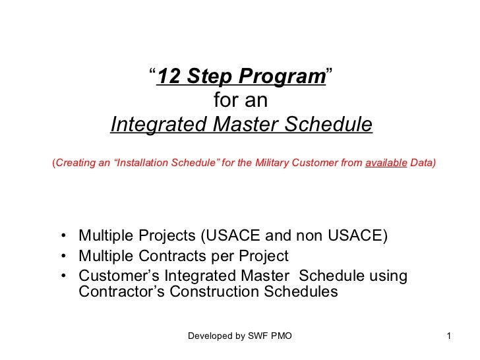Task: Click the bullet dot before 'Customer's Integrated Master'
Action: (x=61, y=276)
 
